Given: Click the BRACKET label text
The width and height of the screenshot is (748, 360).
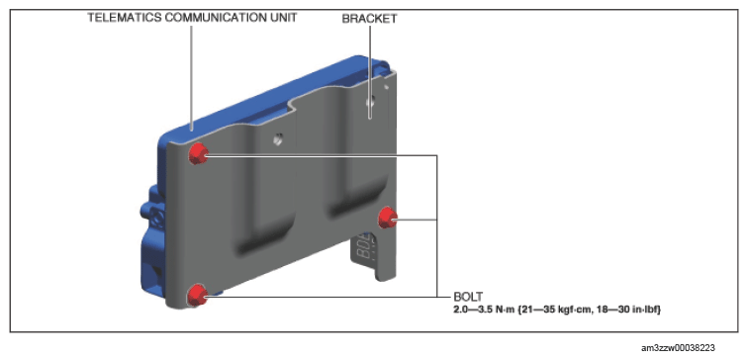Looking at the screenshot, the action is tap(369, 19).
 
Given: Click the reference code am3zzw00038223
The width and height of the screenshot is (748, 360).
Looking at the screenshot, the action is tap(679, 348).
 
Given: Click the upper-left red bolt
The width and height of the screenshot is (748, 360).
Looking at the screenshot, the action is tap(198, 153).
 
